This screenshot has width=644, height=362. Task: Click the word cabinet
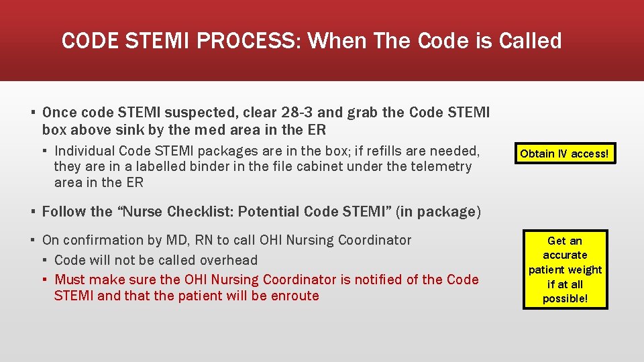click(x=341, y=166)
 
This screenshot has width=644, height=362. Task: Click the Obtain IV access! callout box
click(x=565, y=154)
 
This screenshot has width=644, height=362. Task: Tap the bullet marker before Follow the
click(x=32, y=212)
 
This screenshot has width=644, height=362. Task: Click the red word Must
click(x=70, y=280)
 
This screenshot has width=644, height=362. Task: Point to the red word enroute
click(x=294, y=296)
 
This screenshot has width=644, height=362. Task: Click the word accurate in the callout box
click(x=565, y=255)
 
